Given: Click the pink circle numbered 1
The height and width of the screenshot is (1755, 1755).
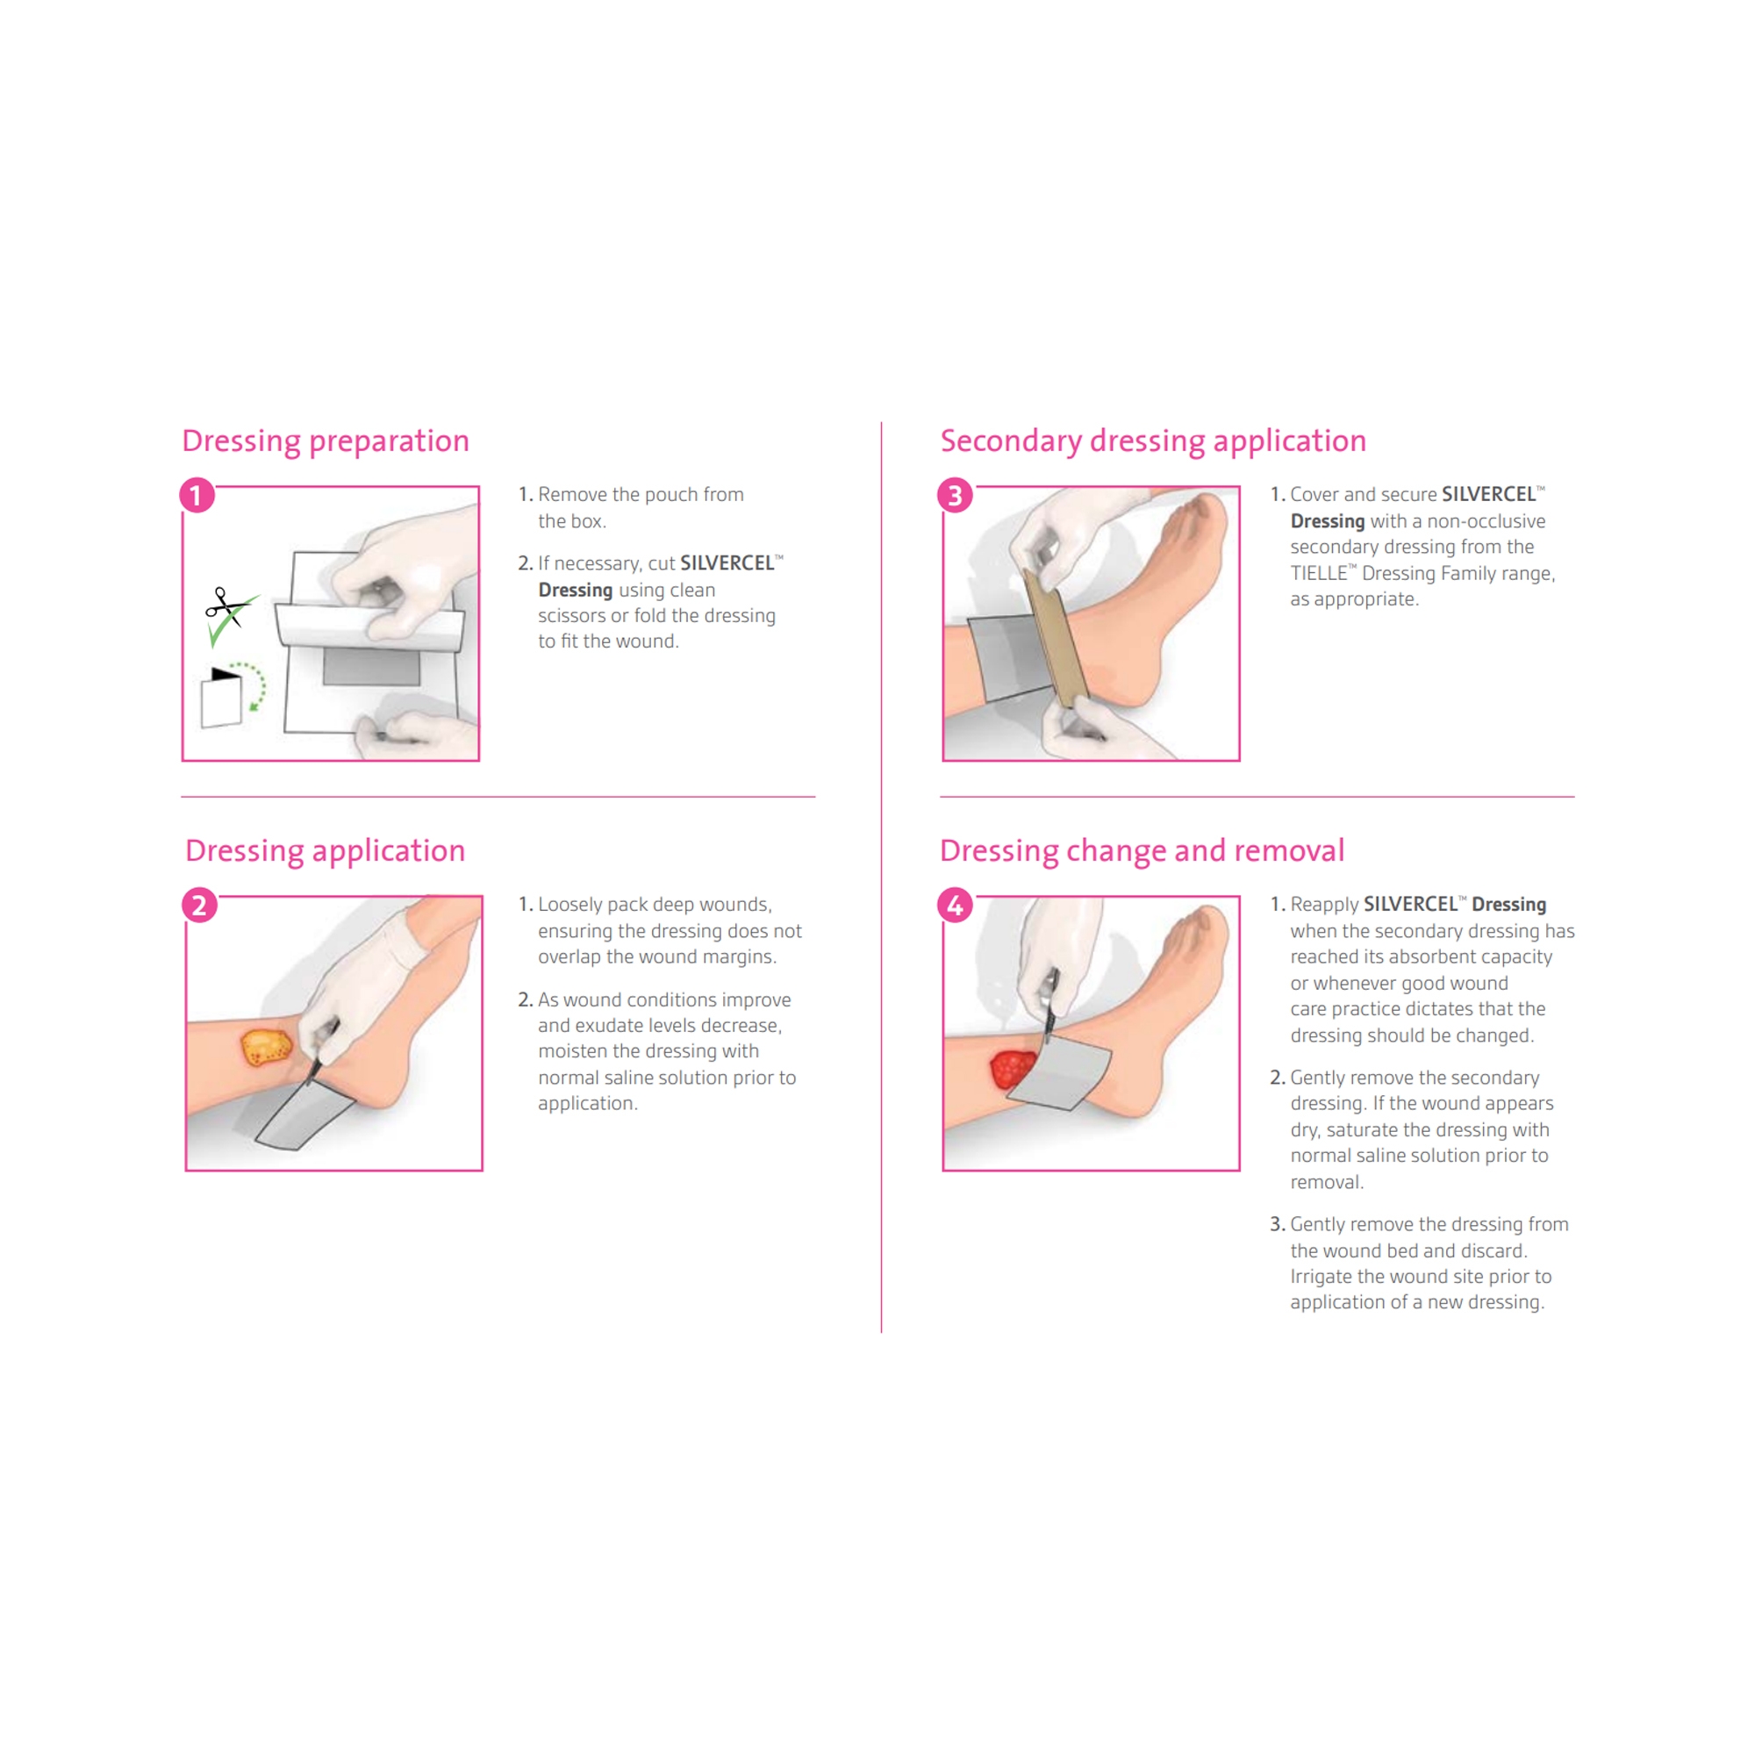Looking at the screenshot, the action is tap(197, 495).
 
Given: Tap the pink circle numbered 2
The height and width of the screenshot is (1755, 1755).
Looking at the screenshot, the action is tap(199, 905).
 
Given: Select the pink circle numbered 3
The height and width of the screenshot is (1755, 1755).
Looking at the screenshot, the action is tap(955, 495).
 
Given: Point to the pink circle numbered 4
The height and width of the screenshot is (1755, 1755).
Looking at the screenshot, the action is tap(955, 905).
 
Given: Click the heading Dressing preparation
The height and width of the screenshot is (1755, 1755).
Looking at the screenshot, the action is tap(326, 441).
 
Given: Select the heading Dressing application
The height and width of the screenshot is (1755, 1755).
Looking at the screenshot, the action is tap(326, 850).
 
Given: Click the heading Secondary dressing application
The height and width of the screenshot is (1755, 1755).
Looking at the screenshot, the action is tap(1153, 441).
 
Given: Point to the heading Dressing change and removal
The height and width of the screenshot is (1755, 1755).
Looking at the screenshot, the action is tap(1142, 850).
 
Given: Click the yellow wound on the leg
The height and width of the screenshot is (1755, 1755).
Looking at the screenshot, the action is tap(266, 1047).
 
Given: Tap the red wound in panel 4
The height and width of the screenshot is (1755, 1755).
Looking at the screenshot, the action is tap(1014, 1068).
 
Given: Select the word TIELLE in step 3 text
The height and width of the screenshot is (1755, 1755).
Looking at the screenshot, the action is tap(1318, 573).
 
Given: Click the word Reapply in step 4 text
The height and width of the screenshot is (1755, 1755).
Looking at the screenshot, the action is tap(1324, 905).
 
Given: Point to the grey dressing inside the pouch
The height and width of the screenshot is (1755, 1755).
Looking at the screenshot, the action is tap(371, 666).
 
